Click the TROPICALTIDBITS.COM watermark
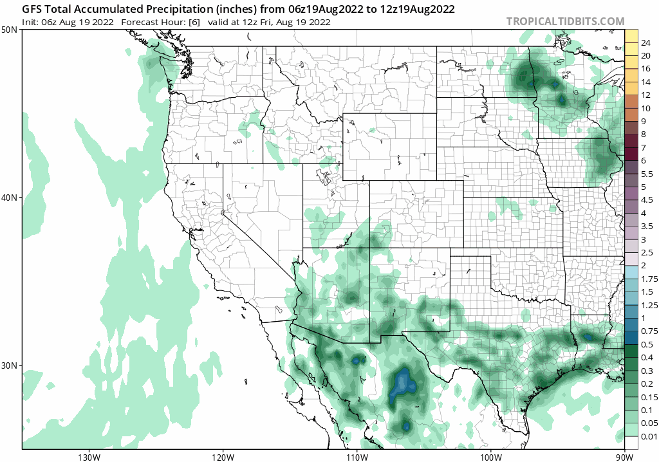tap(565, 21)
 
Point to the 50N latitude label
tap(10, 30)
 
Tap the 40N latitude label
tap(10, 198)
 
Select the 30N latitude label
tap(10, 365)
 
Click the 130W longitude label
tap(88, 456)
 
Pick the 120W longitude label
tap(223, 456)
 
